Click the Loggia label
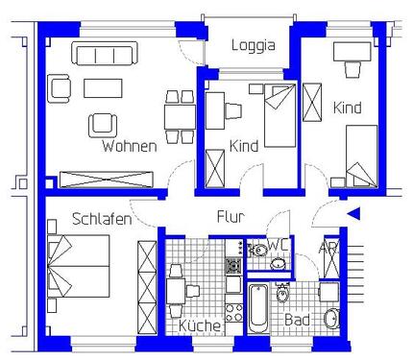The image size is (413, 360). (x=254, y=44)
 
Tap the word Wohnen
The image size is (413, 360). (x=129, y=147)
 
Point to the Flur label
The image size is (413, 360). (x=231, y=216)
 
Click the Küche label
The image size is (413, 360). (x=200, y=326)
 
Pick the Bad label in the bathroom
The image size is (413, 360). (x=297, y=320)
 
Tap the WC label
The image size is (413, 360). (x=278, y=246)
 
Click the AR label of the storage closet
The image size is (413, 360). (x=328, y=248)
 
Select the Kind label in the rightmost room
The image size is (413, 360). (x=347, y=108)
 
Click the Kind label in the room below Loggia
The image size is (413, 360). (x=244, y=147)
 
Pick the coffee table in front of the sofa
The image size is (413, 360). (x=103, y=88)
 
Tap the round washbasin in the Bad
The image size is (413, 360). (x=331, y=318)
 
